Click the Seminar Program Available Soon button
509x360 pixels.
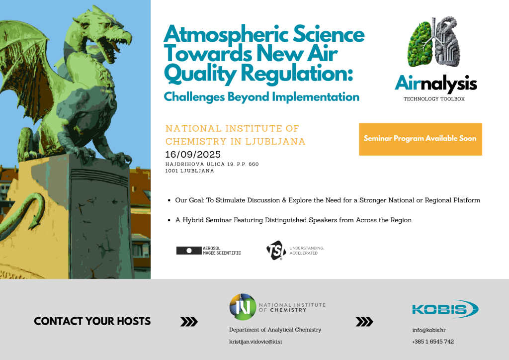click(421, 139)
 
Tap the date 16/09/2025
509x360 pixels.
click(193, 155)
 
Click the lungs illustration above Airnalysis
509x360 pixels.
click(433, 42)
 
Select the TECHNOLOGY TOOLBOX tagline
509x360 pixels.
click(434, 98)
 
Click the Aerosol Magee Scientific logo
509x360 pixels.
click(209, 251)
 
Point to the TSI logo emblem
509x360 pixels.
click(276, 250)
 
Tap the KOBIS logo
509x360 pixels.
click(445, 309)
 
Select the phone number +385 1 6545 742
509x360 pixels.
click(433, 342)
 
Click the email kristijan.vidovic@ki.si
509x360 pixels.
click(255, 342)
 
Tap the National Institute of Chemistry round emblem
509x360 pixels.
click(243, 307)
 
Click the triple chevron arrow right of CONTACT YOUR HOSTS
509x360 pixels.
click(189, 322)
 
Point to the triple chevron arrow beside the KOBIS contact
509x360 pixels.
click(364, 322)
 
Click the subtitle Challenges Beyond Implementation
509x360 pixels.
click(261, 97)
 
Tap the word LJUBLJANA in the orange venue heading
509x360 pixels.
click(275, 142)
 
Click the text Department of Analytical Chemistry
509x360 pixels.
click(275, 330)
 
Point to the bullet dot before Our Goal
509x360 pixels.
click(169, 200)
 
